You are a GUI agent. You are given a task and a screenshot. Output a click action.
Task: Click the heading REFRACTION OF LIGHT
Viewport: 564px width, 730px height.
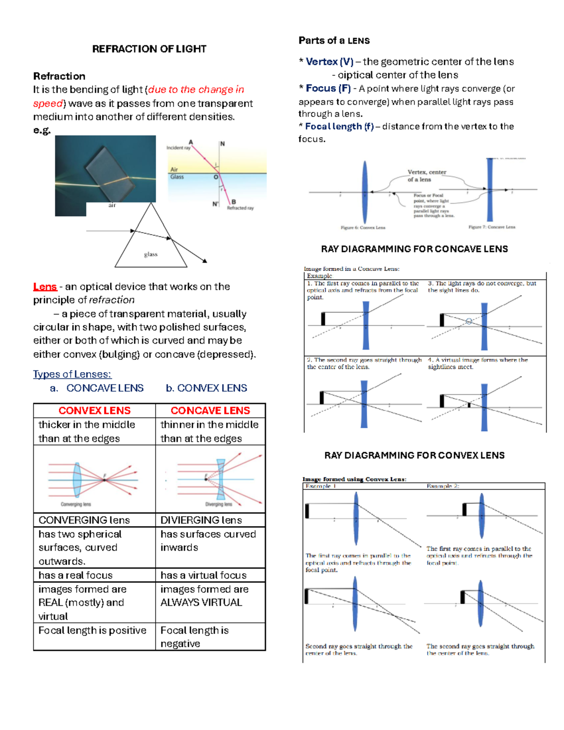click(149, 49)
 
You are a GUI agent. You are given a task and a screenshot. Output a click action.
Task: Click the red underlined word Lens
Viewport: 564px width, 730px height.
click(45, 287)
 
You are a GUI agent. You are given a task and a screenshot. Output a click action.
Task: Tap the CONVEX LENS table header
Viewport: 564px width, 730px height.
click(94, 410)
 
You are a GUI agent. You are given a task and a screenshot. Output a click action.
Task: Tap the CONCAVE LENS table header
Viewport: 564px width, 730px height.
click(210, 410)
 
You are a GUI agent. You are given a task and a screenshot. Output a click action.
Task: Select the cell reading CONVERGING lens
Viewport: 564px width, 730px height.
click(84, 520)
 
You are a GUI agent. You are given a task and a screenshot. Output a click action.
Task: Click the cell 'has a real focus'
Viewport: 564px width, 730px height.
click(76, 575)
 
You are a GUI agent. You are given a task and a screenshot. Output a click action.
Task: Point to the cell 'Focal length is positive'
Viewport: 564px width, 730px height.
click(92, 630)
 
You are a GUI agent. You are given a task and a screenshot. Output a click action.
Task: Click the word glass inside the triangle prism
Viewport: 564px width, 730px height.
click(150, 254)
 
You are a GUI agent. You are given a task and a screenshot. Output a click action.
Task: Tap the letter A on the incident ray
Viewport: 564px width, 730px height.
click(191, 142)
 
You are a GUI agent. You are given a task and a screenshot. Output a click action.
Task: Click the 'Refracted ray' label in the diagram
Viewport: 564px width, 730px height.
click(240, 208)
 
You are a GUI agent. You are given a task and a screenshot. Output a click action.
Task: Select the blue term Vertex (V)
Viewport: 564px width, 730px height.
click(329, 62)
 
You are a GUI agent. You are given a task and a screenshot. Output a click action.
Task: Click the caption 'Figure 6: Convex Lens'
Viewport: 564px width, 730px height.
click(363, 228)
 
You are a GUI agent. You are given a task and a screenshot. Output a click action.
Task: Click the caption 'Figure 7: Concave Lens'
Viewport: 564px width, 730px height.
click(492, 227)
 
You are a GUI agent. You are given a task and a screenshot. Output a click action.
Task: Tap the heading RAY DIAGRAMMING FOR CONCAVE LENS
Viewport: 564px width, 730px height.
click(414, 249)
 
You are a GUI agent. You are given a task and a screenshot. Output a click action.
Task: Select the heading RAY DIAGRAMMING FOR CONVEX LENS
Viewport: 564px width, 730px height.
click(414, 455)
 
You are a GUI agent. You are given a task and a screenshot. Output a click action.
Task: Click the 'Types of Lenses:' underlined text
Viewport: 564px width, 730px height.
click(72, 374)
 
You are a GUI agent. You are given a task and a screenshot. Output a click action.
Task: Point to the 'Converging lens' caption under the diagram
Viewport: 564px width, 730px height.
click(76, 504)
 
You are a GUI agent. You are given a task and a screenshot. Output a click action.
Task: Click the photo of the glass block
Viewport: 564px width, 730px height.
click(105, 169)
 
